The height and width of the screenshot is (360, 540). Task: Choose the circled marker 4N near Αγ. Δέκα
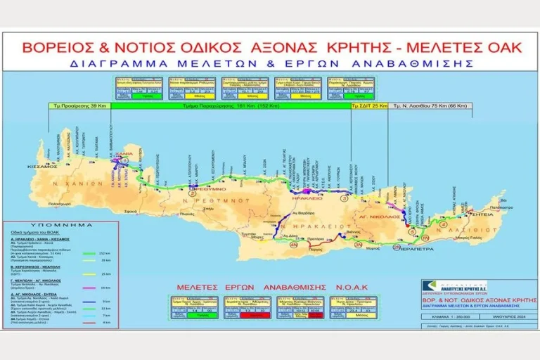(x=294, y=243)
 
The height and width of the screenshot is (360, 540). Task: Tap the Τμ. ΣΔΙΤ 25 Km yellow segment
(x=370, y=106)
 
